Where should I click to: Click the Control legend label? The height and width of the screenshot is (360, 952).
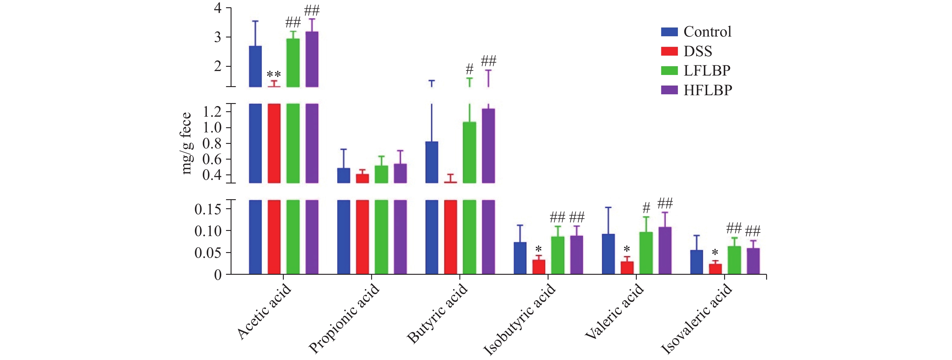pyautogui.click(x=707, y=32)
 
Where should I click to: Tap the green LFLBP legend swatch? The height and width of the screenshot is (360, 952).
pyautogui.click(x=669, y=71)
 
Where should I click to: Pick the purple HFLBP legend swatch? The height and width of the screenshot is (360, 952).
pyautogui.click(x=669, y=90)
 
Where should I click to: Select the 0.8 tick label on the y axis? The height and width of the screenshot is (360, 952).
pyautogui.click(x=212, y=143)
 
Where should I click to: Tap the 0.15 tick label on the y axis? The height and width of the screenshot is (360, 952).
pyautogui.click(x=208, y=209)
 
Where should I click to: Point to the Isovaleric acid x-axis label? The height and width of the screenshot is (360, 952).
pyautogui.click(x=696, y=319)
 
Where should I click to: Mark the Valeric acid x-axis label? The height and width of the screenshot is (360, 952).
pyautogui.click(x=614, y=312)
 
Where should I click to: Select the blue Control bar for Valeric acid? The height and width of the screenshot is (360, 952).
pyautogui.click(x=608, y=254)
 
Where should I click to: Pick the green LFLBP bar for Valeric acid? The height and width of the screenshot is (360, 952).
pyautogui.click(x=646, y=253)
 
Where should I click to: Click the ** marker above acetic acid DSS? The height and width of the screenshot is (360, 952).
pyautogui.click(x=274, y=74)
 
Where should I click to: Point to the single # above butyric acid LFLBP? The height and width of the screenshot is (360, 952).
pyautogui.click(x=469, y=69)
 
